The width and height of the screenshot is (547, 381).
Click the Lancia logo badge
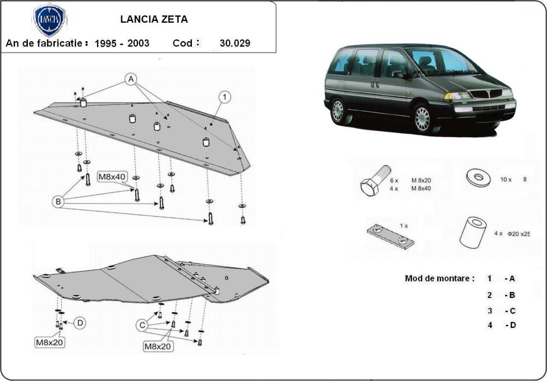[x=50, y=21]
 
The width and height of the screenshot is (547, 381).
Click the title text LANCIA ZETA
[x=154, y=20]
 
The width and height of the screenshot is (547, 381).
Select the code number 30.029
[x=235, y=43]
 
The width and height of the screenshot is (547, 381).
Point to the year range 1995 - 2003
[x=122, y=43]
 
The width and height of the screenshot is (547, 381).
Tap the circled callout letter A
[x=131, y=80]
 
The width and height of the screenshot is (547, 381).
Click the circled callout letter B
[x=58, y=201]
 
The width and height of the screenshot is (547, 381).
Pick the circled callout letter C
[x=142, y=325]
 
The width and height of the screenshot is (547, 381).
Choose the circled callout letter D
[x=80, y=323]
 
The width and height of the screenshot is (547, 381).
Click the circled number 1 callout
[x=225, y=96]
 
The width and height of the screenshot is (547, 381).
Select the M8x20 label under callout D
[x=50, y=341]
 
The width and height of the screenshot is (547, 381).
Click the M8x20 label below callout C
[x=158, y=346]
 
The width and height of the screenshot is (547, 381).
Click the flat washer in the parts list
[x=478, y=178]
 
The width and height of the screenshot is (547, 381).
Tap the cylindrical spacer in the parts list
[x=472, y=231]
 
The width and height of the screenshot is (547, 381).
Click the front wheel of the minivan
[x=423, y=119]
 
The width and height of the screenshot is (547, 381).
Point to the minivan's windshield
[x=438, y=61]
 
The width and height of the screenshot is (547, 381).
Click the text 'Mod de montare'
[x=439, y=278]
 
